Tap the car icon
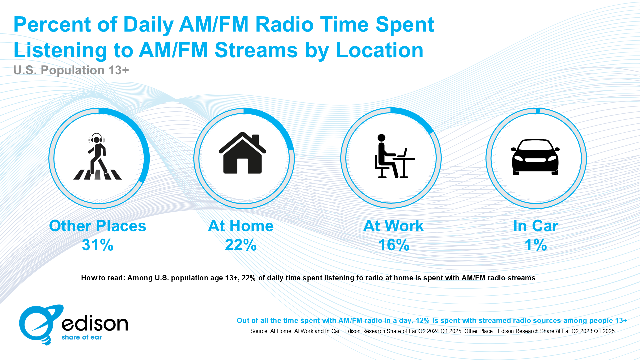pos(535,157)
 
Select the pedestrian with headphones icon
pos(97,156)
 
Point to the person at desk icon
pos(395,156)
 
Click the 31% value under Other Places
pos(98,245)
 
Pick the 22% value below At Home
pos(241,245)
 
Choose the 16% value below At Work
pos(394,245)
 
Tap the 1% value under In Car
pos(536,245)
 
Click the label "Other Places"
pos(98,226)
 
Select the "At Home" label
pos(241,226)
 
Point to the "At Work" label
pos(394,226)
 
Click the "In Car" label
pos(536,226)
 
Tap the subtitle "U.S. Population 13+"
pos(71,70)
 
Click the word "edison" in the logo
pos(95,323)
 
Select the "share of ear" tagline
pos(82,337)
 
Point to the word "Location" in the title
pos(379,50)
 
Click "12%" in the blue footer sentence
pos(423,321)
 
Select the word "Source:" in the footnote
pos(259,331)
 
